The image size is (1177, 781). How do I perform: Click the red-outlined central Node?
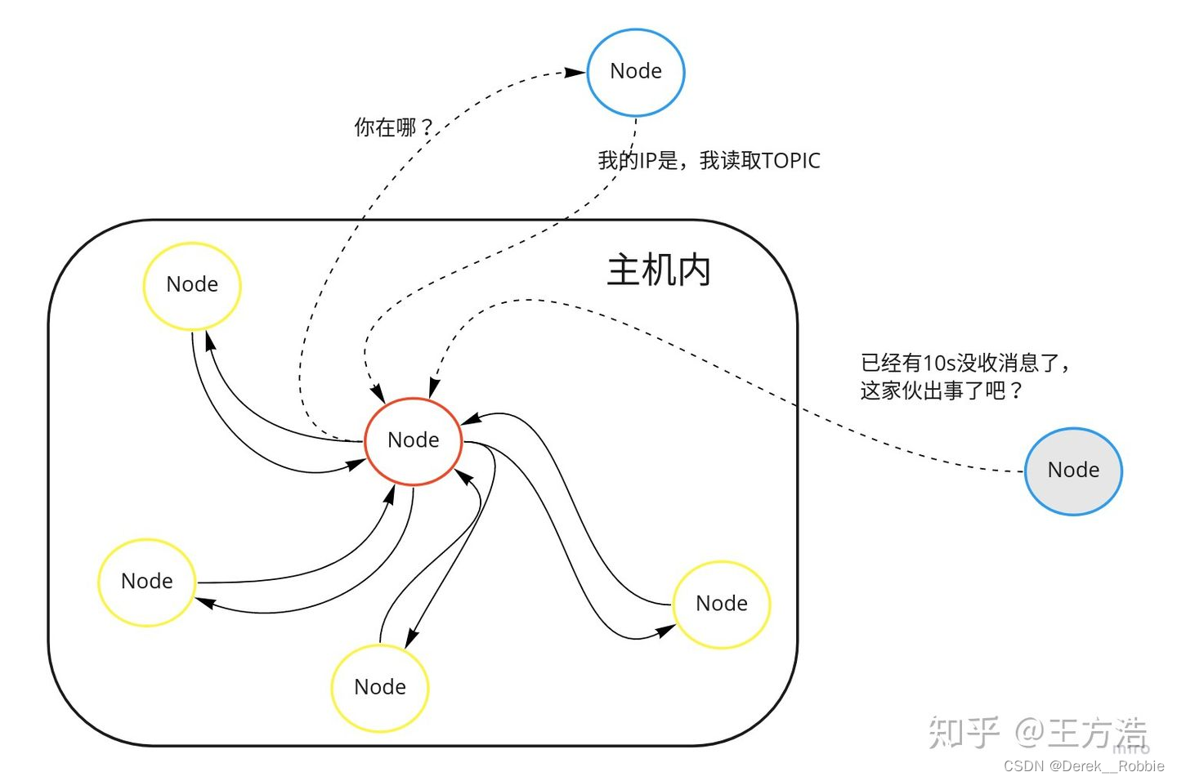413,441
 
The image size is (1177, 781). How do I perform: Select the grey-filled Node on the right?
1073,471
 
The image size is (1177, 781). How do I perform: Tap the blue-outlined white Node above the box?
636,72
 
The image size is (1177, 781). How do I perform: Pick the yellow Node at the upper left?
192,285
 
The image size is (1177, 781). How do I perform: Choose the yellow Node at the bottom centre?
380,688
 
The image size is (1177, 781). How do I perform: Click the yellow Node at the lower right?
722,605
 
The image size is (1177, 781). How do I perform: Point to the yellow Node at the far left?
147,582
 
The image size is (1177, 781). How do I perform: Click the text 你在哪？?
393,127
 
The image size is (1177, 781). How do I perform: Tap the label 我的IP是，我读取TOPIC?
709,161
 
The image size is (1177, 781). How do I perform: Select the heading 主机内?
659,270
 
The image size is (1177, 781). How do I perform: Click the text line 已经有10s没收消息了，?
965,363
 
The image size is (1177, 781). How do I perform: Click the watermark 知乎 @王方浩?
1037,732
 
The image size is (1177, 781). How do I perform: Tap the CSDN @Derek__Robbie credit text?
1084,766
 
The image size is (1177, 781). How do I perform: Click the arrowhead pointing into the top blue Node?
575,73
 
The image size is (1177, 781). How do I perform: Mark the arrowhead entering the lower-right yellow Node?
666,631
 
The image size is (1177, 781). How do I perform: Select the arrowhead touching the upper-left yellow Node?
209,338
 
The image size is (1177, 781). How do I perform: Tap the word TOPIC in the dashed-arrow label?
790,161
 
